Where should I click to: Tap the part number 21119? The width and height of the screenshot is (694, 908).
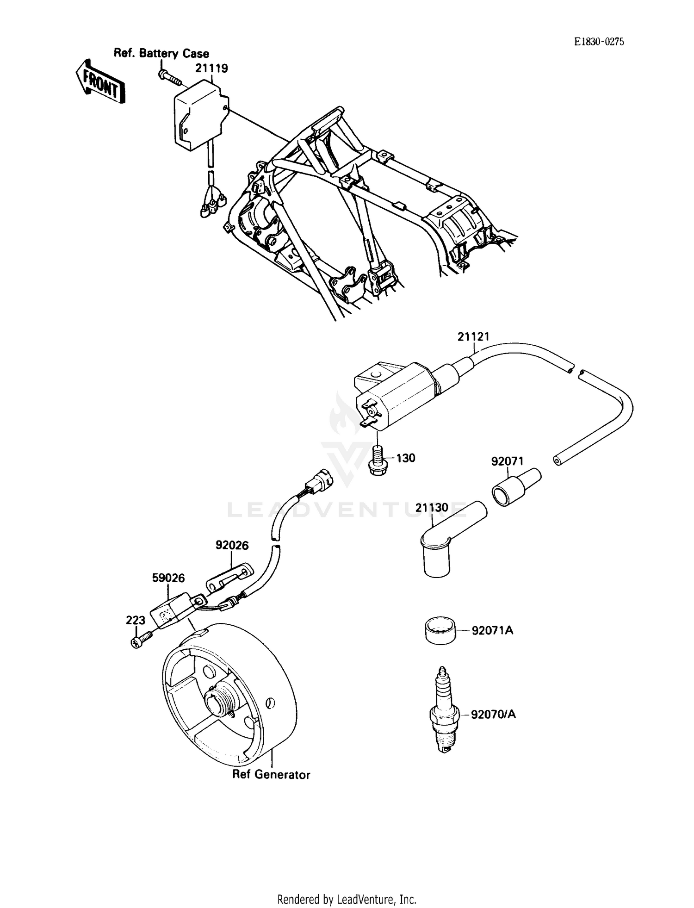[x=211, y=68]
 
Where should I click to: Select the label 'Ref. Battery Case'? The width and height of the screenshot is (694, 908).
[x=161, y=53]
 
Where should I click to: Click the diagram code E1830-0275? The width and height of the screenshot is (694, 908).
[x=599, y=42]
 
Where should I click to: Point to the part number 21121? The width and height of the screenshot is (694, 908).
[x=473, y=336]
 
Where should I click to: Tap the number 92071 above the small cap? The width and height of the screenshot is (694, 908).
[x=507, y=461]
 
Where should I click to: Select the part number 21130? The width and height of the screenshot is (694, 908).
[x=432, y=508]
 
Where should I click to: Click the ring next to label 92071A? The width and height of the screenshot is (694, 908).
[x=440, y=629]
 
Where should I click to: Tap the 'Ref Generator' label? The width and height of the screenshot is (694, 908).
[x=271, y=774]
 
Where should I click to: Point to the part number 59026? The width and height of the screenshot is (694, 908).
[x=168, y=578]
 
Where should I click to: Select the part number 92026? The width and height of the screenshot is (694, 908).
[x=232, y=546]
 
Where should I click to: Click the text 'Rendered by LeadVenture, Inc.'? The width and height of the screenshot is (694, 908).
[x=347, y=899]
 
